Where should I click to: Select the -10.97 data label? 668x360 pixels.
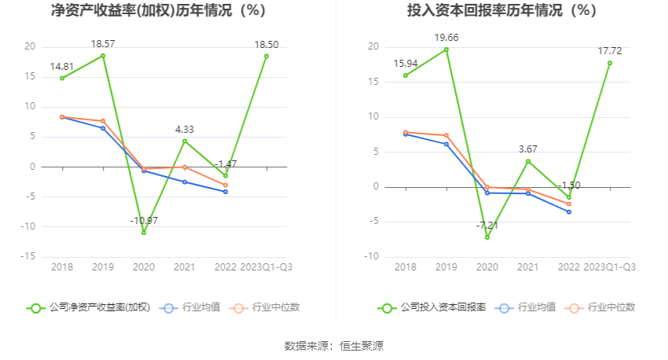(144, 220)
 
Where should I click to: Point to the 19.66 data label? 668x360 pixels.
(446, 37)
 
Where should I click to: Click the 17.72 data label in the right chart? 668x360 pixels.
(609, 50)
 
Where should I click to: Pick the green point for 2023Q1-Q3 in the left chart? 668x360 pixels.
(266, 56)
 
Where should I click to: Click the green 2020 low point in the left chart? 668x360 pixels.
(144, 233)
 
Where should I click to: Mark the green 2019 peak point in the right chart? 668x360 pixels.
(446, 50)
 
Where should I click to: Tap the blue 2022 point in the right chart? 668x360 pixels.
(569, 212)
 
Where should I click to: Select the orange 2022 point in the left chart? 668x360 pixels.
(226, 186)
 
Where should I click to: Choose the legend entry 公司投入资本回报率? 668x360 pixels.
(432, 307)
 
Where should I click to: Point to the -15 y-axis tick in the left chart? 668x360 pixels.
(28, 256)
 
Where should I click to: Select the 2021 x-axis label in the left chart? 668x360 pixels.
(185, 267)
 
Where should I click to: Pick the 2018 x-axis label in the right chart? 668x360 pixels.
(406, 267)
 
